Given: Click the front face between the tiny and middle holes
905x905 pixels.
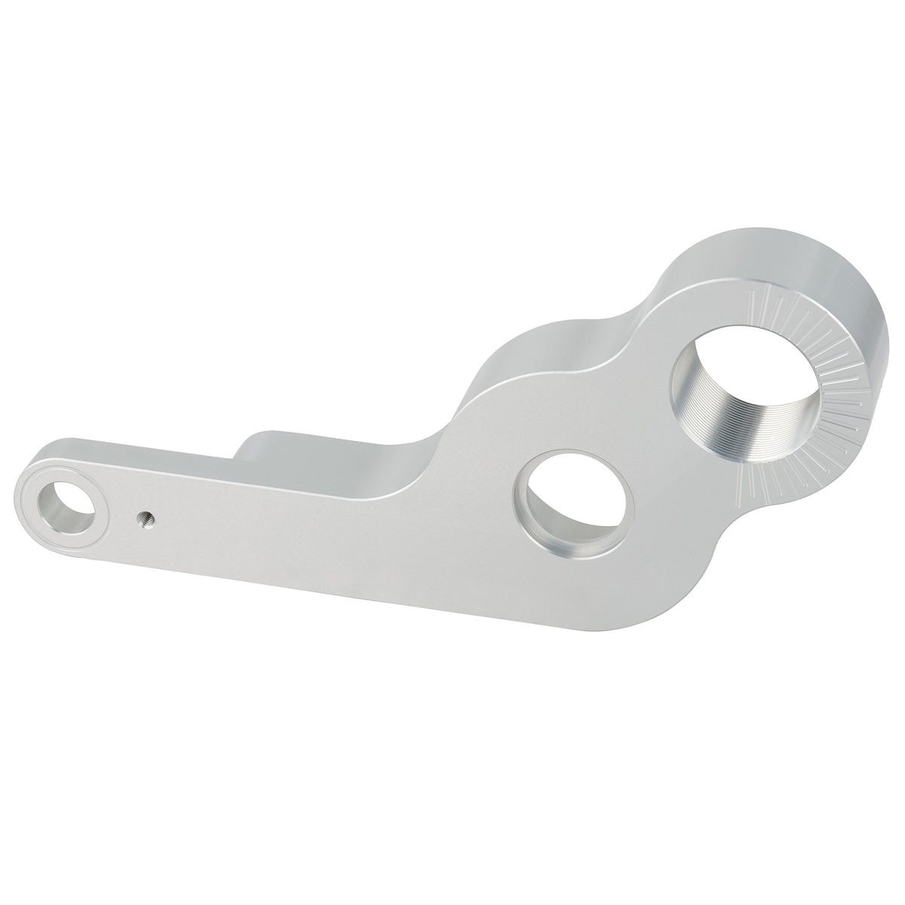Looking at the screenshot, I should point(339,528).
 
